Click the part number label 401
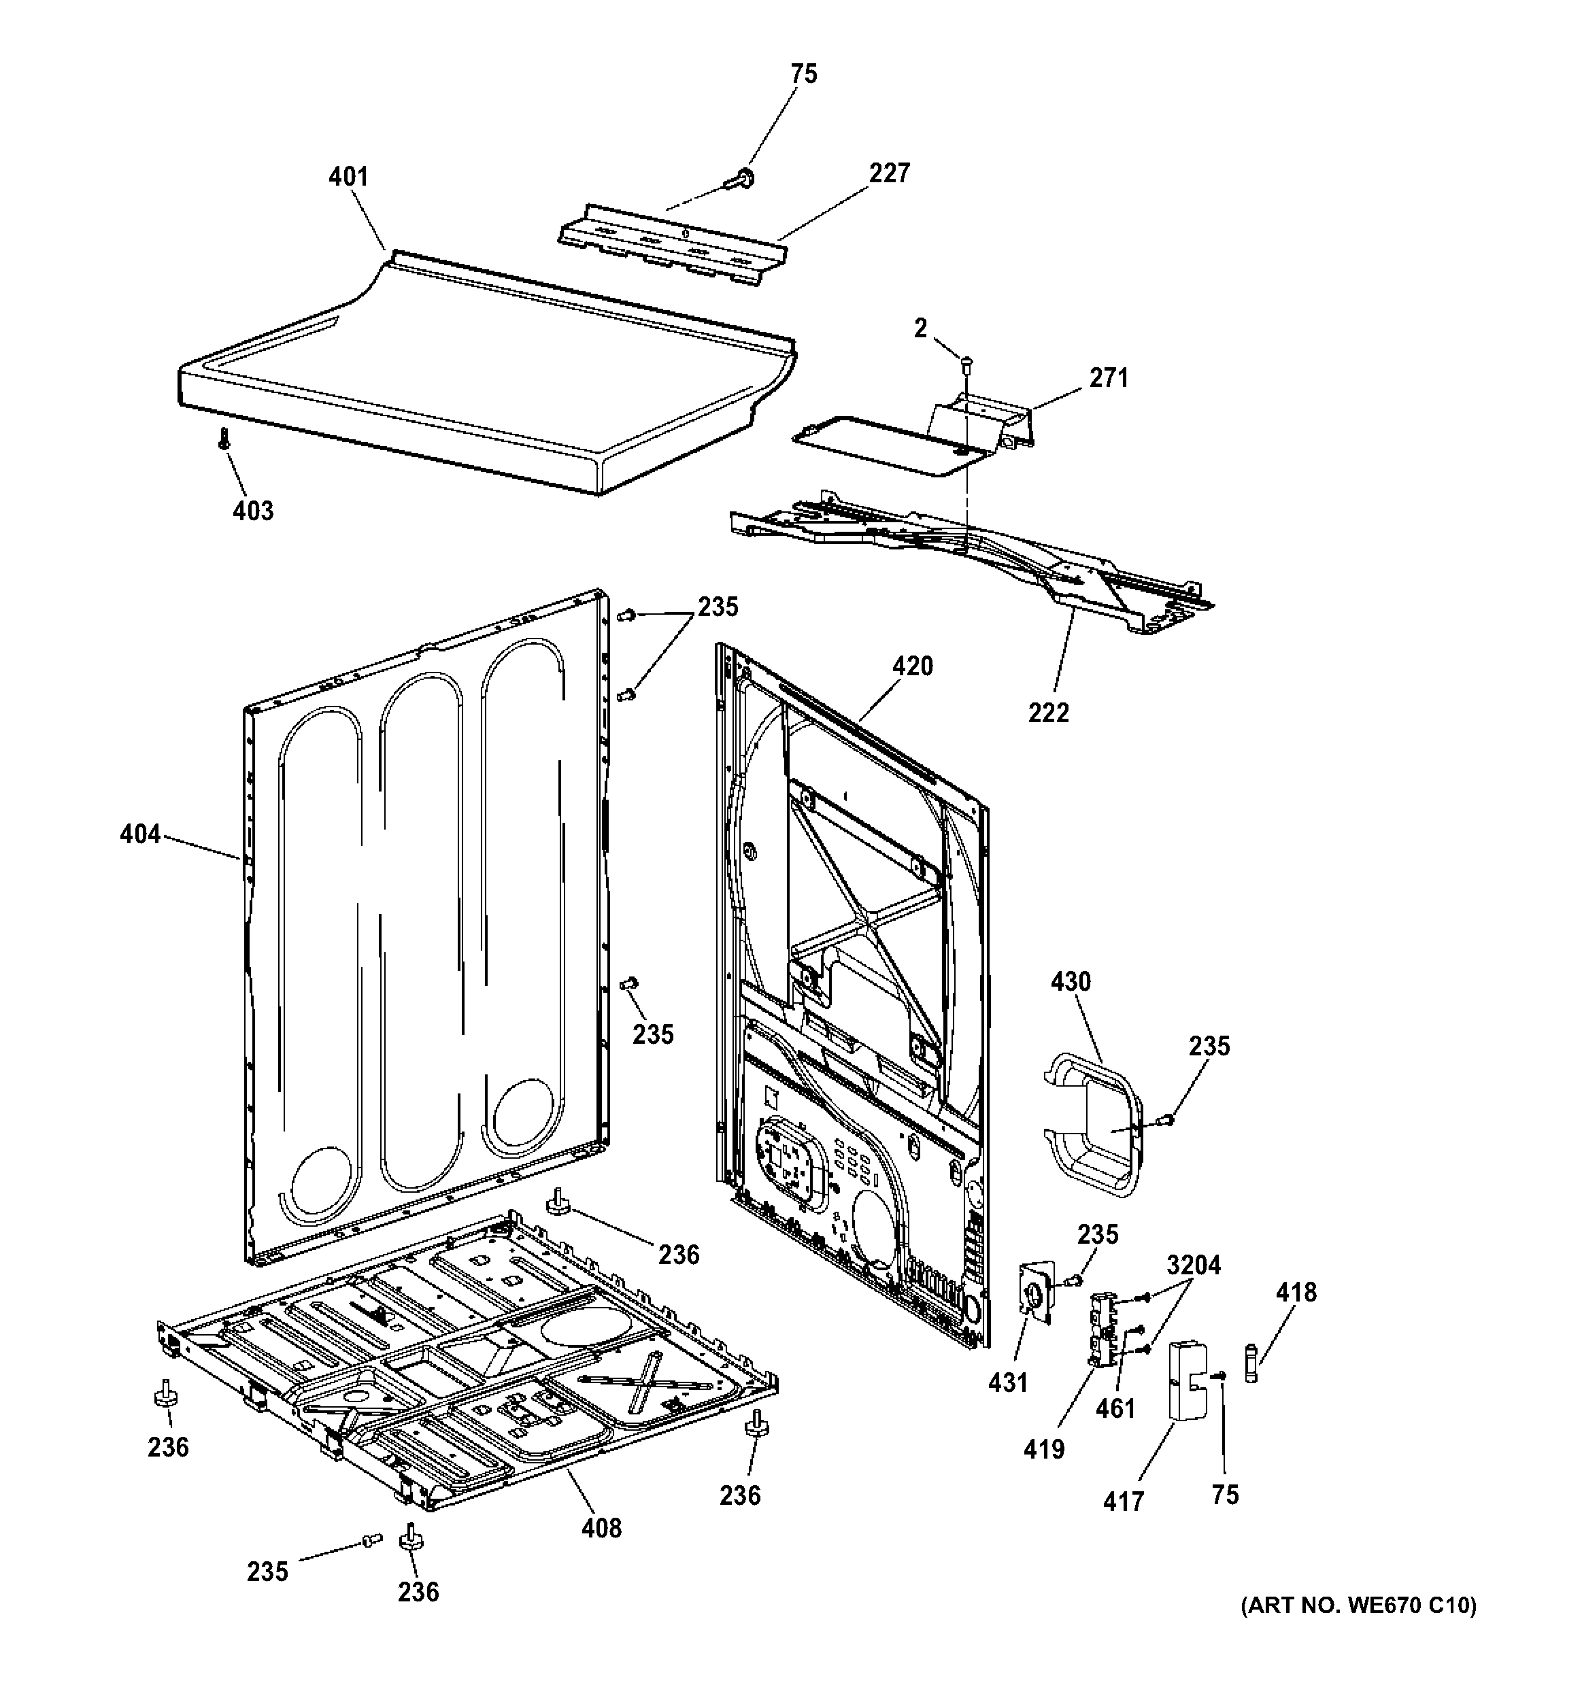(348, 177)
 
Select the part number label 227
(889, 173)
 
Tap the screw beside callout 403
(224, 439)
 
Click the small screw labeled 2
(966, 364)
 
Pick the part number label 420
(912, 666)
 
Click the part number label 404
(139, 835)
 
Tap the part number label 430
(1071, 982)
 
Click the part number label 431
(1008, 1383)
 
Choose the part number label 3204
(1193, 1265)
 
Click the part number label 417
(1123, 1502)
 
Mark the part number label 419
(1043, 1449)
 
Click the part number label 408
(601, 1528)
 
